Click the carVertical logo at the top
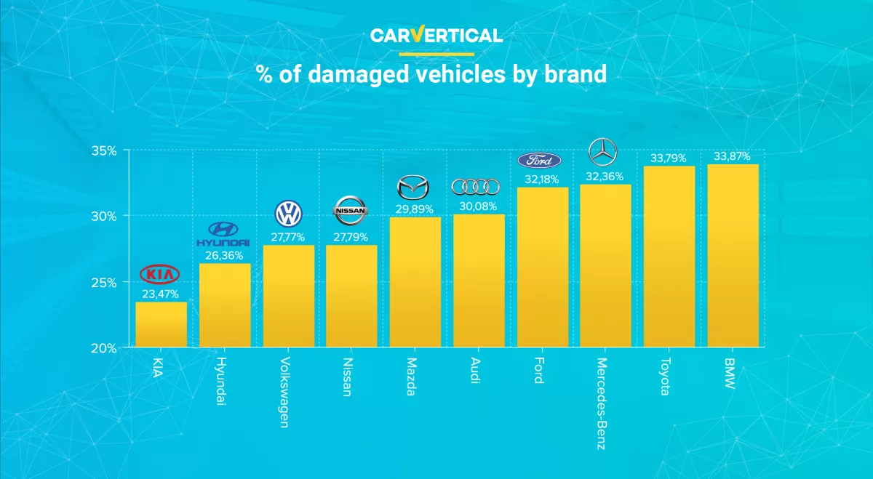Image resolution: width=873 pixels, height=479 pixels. (x=436, y=35)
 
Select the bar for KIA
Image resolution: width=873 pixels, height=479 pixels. (x=161, y=324)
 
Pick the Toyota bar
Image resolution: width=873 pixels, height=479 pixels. (x=669, y=257)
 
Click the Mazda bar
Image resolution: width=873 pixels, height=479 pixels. (x=415, y=282)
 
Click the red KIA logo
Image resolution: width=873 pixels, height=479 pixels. (x=161, y=274)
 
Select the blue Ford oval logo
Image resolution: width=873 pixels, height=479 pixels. (x=539, y=161)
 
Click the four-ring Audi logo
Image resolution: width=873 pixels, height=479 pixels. (x=476, y=187)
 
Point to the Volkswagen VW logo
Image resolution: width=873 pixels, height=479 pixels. (x=288, y=213)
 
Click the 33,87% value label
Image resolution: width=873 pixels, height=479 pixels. (x=732, y=156)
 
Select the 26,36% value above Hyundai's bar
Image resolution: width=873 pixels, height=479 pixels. (x=224, y=255)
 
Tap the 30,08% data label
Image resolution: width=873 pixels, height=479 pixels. (x=479, y=206)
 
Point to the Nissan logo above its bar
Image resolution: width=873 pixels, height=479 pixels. (x=351, y=211)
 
